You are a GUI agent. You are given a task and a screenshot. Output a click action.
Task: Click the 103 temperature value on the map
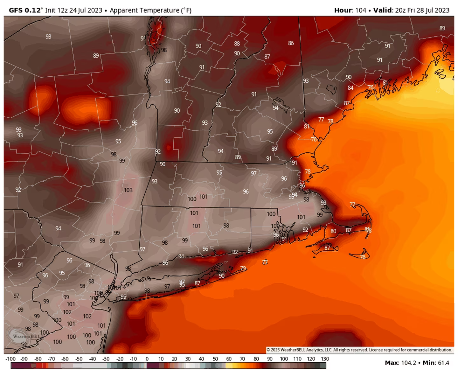click(128, 190)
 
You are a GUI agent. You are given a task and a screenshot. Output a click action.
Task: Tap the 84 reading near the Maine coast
click(350, 88)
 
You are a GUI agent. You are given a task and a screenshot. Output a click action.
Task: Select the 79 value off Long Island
click(243, 268)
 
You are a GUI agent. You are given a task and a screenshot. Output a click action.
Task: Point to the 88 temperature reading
click(237, 44)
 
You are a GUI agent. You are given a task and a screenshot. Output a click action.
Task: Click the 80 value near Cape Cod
click(333, 231)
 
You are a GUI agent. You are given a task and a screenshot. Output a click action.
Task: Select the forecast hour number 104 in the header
click(361, 10)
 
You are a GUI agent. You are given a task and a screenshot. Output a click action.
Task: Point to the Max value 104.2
click(409, 363)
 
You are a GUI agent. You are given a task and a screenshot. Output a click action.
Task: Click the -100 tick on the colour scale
click(10, 359)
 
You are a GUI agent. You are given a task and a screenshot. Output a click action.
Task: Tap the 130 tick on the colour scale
click(325, 359)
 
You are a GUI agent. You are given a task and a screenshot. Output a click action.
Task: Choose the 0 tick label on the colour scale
click(147, 359)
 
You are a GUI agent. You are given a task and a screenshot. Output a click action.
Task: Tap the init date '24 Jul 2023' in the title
click(86, 10)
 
